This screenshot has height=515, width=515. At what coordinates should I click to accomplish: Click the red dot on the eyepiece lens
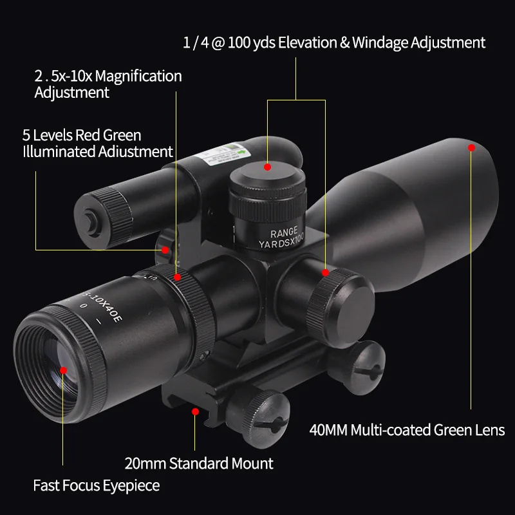point(64,370)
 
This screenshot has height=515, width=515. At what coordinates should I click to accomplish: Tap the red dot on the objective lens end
point(471,147)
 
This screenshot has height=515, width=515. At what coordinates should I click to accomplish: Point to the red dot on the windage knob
point(326,273)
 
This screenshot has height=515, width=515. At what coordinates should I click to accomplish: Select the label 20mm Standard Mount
point(198,463)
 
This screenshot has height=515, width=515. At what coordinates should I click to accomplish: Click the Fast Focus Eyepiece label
point(97,485)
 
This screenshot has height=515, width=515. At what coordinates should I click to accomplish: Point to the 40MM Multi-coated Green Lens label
point(406,429)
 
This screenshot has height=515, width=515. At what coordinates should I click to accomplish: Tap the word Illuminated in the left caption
point(60,152)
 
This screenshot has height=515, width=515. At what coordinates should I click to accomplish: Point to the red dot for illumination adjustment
point(165,250)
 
